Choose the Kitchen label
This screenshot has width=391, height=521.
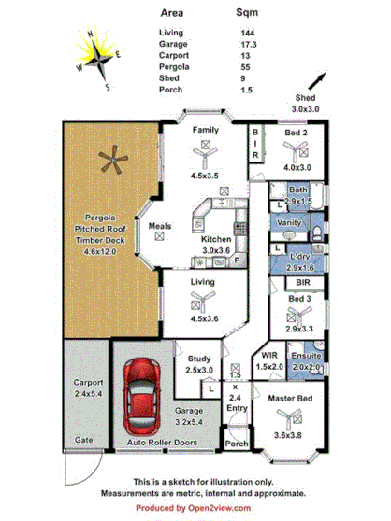click(x=216, y=239)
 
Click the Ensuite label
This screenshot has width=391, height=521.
click(x=307, y=356)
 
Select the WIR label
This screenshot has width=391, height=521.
click(x=268, y=356)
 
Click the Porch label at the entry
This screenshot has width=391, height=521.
click(x=238, y=444)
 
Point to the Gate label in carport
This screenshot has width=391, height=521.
click(x=84, y=438)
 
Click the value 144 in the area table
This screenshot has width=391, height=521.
click(x=249, y=33)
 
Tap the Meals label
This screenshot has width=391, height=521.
click(x=159, y=224)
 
